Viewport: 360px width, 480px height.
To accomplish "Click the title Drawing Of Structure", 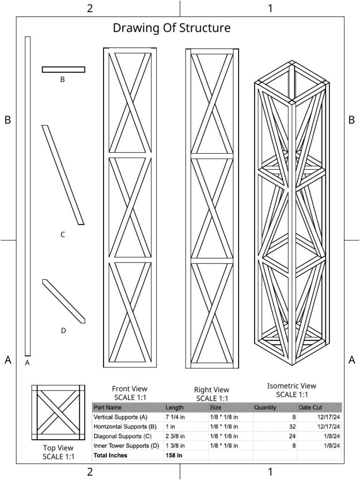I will pyautogui.click(x=172, y=28).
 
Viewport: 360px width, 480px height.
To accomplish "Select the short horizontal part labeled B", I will pyautogui.click(x=63, y=69).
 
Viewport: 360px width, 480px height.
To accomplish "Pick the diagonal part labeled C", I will pyautogui.click(x=63, y=175).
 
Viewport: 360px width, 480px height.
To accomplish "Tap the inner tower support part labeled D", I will pyautogui.click(x=64, y=301).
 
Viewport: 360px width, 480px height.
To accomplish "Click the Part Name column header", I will pyautogui.click(x=107, y=408).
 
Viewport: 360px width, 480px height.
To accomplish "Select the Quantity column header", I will pyautogui.click(x=265, y=408).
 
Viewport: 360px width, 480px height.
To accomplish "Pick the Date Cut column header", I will pyautogui.click(x=310, y=408).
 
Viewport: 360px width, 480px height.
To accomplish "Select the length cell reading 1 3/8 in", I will pyautogui.click(x=175, y=445).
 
